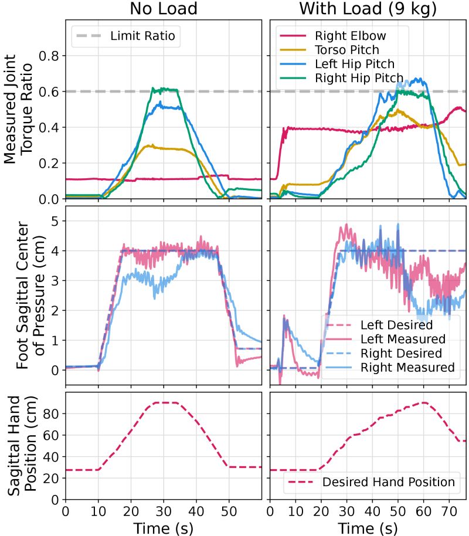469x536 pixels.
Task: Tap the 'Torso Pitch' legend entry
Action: coord(346,50)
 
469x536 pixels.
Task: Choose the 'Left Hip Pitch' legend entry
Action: coord(354,64)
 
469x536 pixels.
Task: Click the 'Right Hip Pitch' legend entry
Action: coord(358,78)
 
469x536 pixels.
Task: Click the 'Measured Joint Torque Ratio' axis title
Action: coord(19,110)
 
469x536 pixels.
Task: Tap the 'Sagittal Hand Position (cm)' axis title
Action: coord(19,446)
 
